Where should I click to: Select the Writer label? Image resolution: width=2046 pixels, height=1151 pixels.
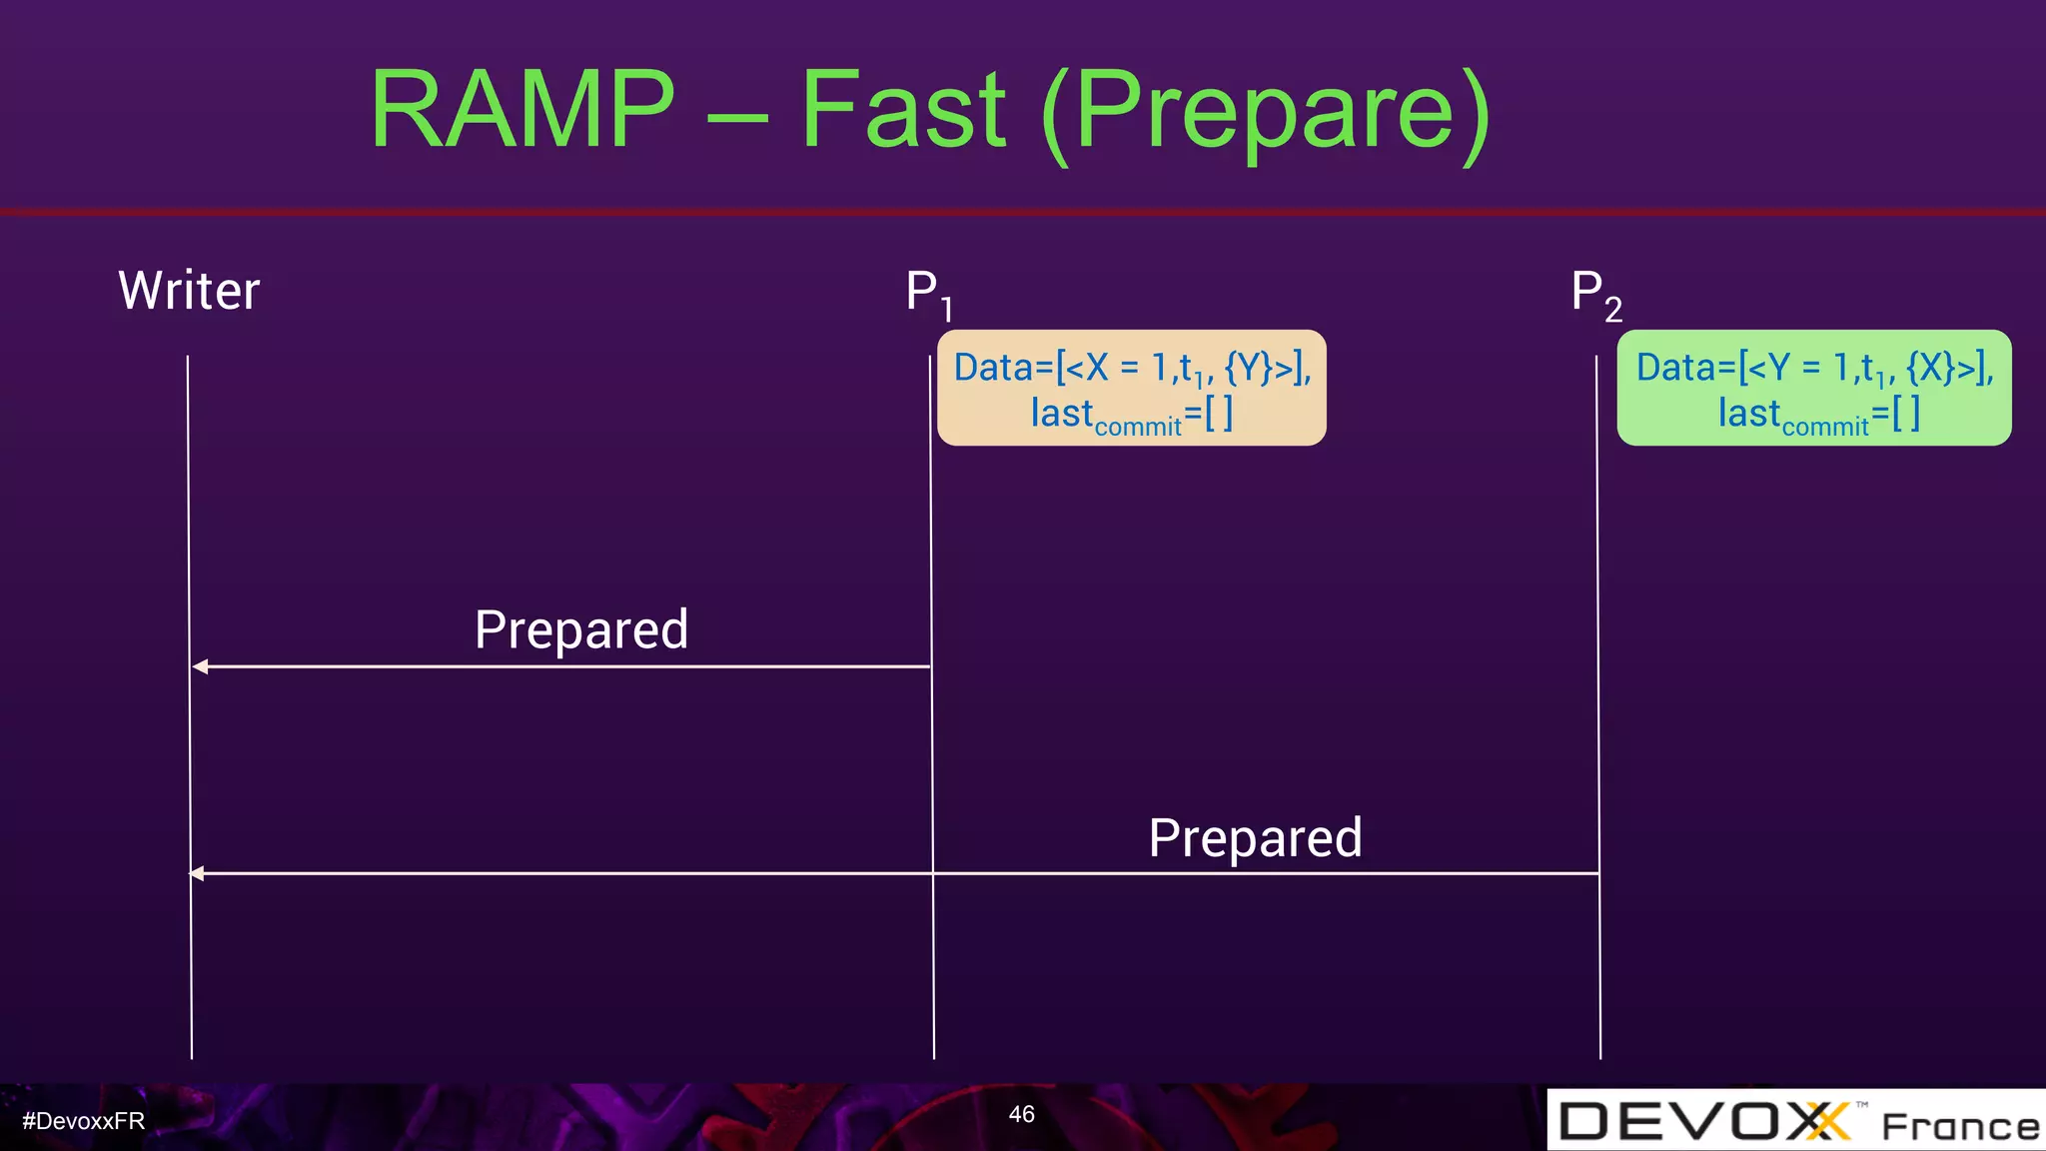click(x=189, y=291)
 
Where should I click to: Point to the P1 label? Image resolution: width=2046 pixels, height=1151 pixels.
click(x=927, y=294)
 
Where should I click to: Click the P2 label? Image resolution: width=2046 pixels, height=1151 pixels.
click(x=1594, y=295)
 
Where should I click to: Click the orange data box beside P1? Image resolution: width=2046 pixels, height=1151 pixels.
click(x=1131, y=388)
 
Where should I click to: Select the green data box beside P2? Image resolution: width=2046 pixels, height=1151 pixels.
click(x=1813, y=388)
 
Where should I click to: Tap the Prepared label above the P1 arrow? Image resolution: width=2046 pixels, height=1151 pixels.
click(x=581, y=630)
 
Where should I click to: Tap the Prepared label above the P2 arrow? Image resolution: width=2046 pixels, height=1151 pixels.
click(x=1255, y=838)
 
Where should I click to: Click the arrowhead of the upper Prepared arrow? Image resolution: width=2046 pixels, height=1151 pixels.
click(x=200, y=666)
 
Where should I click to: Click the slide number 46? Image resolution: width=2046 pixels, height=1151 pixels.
click(x=1021, y=1114)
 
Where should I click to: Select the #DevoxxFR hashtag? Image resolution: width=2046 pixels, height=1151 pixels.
click(x=84, y=1121)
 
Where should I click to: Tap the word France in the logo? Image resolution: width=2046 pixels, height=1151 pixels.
click(x=1959, y=1127)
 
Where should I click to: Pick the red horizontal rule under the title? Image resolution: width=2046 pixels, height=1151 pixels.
click(x=1023, y=212)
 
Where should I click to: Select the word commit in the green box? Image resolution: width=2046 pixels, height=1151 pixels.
click(x=1824, y=427)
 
